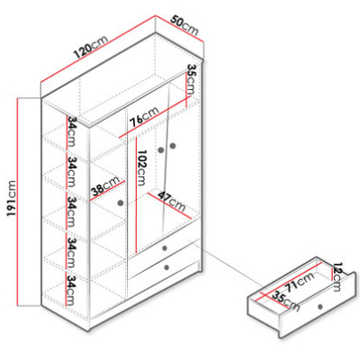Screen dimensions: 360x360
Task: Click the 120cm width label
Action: click(x=91, y=47)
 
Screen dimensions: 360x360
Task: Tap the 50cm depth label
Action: click(x=184, y=25)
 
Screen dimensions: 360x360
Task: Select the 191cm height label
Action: click(x=12, y=198)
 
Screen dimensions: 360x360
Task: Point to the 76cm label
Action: click(x=144, y=117)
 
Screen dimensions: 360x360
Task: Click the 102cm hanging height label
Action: click(x=141, y=167)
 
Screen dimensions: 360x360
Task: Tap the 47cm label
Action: click(x=172, y=201)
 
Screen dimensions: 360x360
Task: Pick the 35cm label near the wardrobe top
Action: click(x=191, y=79)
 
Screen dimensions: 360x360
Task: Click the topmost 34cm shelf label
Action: click(x=71, y=130)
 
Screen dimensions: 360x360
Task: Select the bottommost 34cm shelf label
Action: click(x=71, y=290)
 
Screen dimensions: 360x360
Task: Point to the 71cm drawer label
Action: click(x=300, y=282)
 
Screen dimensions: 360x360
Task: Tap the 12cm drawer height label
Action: click(x=337, y=276)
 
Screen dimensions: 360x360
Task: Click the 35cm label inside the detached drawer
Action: click(x=285, y=301)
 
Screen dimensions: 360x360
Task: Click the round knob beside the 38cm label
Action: click(x=121, y=203)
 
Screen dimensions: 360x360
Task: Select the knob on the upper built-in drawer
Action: click(x=165, y=248)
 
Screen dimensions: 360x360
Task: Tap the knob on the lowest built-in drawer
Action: click(x=166, y=267)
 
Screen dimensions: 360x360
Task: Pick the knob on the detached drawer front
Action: click(x=320, y=307)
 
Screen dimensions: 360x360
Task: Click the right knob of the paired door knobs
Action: click(x=173, y=146)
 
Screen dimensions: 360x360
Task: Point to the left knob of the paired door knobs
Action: click(x=161, y=149)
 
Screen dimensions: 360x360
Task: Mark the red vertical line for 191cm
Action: click(x=18, y=202)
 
